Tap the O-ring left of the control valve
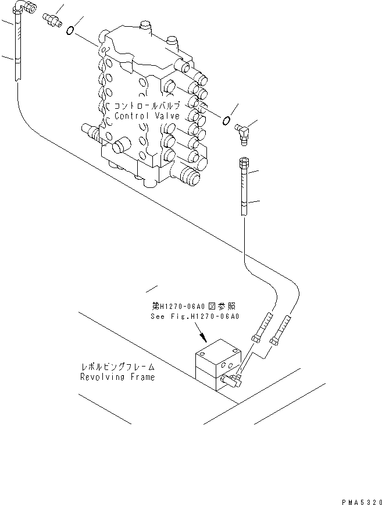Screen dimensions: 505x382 pyautogui.click(x=70, y=30)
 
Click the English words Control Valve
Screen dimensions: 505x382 pyautogui.click(x=147, y=116)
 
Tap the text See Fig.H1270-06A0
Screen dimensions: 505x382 pyautogui.click(x=195, y=317)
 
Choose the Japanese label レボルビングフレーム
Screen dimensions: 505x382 pyautogui.click(x=117, y=367)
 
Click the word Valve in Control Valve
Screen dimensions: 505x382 pyautogui.click(x=167, y=116)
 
